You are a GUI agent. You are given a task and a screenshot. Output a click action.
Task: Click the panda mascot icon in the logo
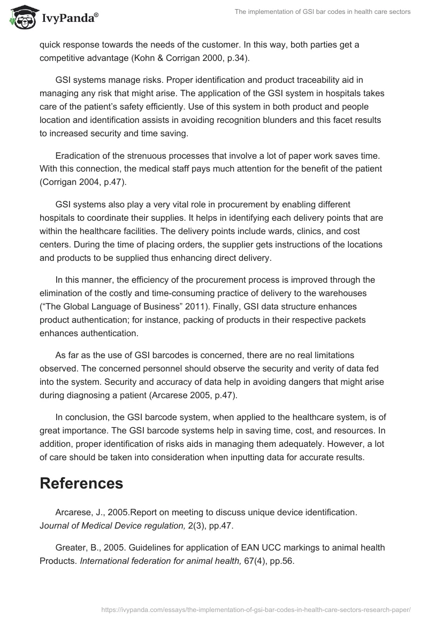[20, 18]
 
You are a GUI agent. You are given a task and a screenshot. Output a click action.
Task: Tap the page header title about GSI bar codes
[323, 12]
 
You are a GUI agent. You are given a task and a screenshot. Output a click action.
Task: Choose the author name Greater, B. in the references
[79, 547]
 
